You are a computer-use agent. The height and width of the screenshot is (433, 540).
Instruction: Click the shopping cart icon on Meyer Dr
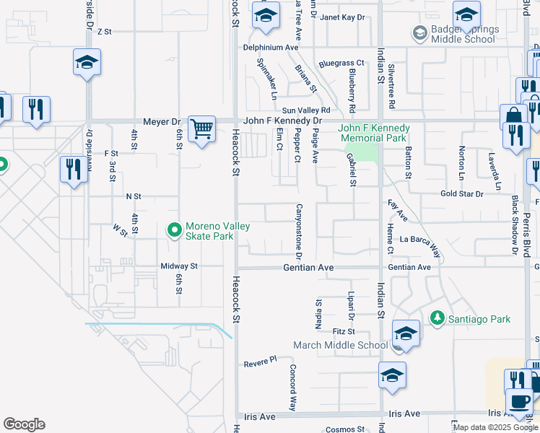point(201,130)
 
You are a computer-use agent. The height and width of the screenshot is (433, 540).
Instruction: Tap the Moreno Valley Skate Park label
point(217,231)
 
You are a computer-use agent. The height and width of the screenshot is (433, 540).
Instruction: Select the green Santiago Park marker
point(436,318)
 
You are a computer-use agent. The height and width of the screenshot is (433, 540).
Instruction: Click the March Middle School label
point(340,345)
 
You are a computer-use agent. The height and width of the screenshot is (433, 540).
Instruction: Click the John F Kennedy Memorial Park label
point(375,133)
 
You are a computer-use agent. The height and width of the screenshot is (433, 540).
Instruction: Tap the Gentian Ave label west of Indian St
point(307,267)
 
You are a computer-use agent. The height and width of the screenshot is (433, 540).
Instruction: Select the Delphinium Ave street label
point(271,47)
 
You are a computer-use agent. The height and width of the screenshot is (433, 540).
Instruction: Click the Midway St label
point(179,266)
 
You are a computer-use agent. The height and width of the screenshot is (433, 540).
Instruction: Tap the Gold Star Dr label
point(462,194)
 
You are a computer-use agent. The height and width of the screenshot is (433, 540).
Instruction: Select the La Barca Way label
point(420,243)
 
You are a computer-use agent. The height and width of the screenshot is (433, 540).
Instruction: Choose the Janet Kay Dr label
point(343,17)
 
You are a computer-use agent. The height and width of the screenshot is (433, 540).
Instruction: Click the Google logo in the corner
point(24,424)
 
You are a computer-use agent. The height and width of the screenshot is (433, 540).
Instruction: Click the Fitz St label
point(344,331)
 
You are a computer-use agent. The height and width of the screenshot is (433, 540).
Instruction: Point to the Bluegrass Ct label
point(341,63)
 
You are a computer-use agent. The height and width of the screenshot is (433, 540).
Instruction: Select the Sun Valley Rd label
point(305,109)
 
